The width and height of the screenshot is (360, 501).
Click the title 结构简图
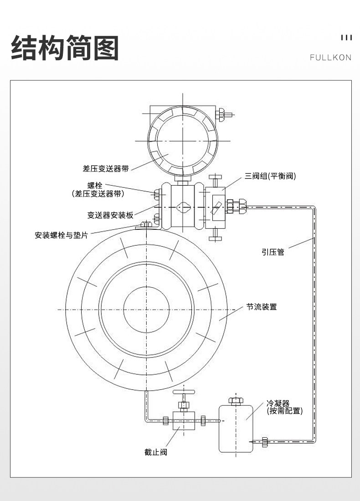(65, 48)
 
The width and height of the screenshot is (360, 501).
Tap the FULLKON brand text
(331, 57)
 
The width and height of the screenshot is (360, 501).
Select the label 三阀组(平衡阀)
(270, 176)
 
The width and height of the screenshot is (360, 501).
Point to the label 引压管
(273, 252)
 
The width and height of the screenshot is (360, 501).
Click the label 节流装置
(261, 307)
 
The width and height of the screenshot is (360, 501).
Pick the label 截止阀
(155, 452)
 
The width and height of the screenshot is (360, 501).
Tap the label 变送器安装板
(110, 215)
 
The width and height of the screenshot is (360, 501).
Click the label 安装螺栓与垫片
(62, 235)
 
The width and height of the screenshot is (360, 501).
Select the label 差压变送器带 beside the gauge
(106, 168)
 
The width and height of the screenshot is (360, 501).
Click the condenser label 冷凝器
(278, 403)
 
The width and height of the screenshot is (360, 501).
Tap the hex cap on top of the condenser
(236, 401)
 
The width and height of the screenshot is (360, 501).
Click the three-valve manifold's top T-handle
(216, 178)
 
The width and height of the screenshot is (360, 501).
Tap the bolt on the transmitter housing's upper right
(224, 114)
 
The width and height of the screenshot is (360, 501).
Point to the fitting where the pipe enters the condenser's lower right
(264, 442)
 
